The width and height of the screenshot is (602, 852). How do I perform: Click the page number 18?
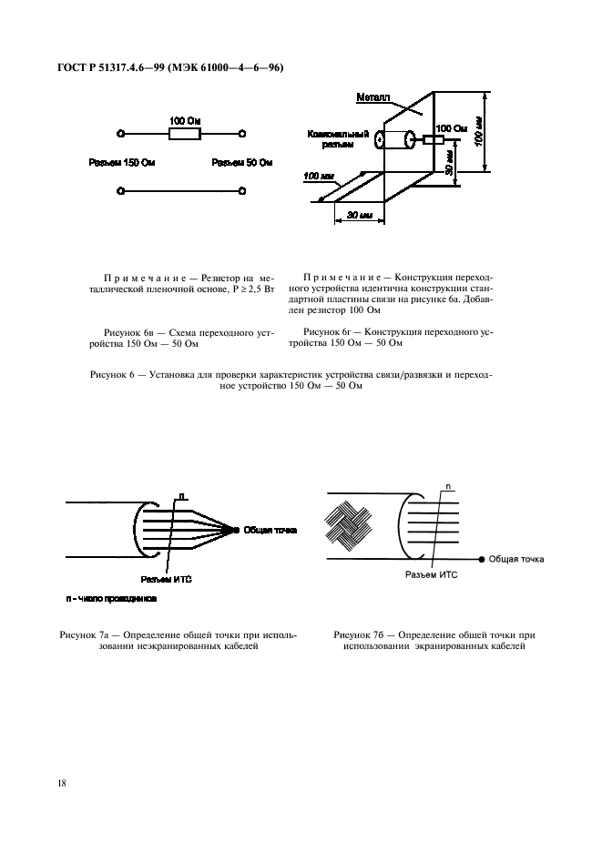click(64, 782)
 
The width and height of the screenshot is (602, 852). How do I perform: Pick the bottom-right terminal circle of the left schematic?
click(241, 191)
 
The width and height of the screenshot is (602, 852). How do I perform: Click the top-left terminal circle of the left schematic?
click(121, 134)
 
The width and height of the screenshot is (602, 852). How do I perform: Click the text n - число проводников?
click(109, 600)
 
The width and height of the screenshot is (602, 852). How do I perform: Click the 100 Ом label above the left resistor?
click(186, 120)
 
